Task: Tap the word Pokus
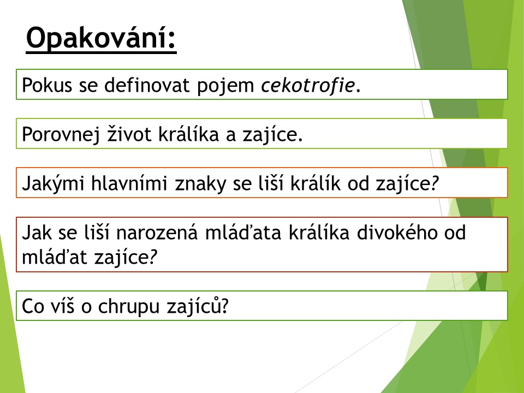(x=47, y=85)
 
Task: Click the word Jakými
(x=53, y=184)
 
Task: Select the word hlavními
(x=129, y=183)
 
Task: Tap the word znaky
(x=200, y=184)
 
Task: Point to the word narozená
(x=157, y=233)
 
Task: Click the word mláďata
(x=243, y=233)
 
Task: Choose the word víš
(x=62, y=306)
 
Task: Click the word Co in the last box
(x=33, y=306)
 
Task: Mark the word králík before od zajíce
(x=315, y=183)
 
